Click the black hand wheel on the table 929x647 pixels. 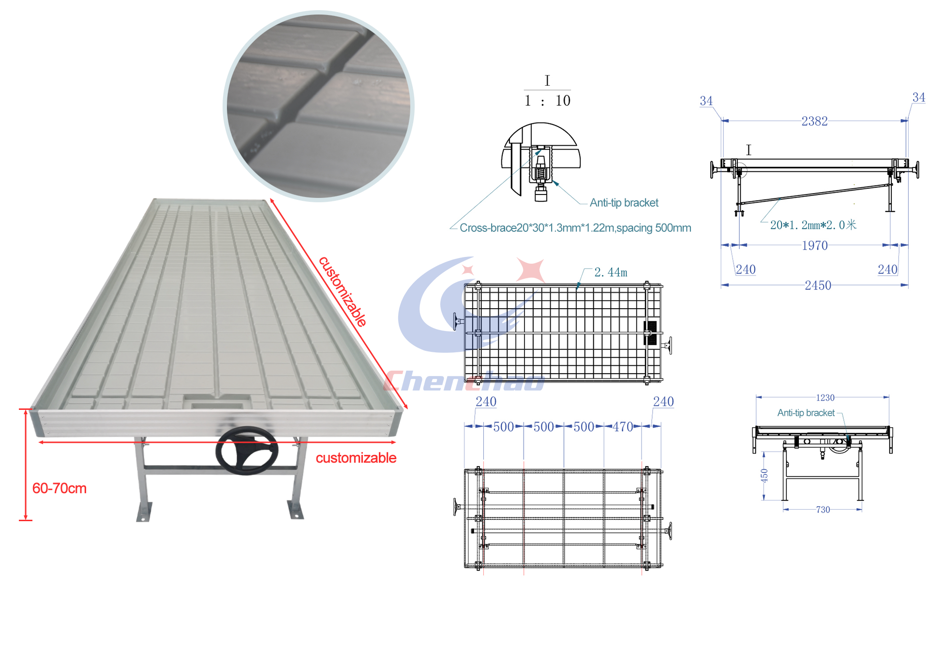[x=247, y=451]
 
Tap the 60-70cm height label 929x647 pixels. [x=59, y=488]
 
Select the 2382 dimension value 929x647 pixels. [x=814, y=121]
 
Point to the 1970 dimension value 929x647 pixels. [x=815, y=245]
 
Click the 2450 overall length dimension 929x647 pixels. [x=818, y=286]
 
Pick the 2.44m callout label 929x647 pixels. [x=611, y=272]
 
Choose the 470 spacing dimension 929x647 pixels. [x=623, y=427]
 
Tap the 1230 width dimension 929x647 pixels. [x=825, y=398]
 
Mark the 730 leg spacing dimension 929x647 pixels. [x=823, y=510]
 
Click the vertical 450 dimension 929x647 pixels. [x=764, y=476]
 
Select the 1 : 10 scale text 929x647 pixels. [x=548, y=101]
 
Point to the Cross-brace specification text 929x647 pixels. [x=575, y=228]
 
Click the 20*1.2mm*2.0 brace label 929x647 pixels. [x=813, y=225]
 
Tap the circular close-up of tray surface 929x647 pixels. [x=318, y=106]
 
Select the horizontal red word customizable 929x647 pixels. [x=356, y=458]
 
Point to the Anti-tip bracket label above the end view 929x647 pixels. [x=806, y=413]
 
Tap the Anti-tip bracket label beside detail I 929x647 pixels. [x=624, y=203]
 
